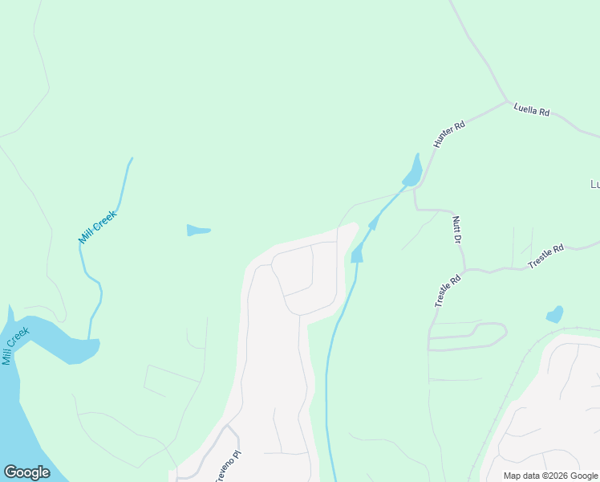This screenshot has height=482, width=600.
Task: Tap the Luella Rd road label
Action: point(532,111)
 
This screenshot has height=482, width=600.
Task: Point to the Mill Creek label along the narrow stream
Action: point(98,227)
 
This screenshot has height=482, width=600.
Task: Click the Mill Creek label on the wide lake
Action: point(15,345)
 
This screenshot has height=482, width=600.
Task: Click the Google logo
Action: point(26,472)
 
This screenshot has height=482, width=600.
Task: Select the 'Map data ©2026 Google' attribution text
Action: point(550,476)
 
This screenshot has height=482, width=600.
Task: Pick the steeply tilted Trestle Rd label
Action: point(448,290)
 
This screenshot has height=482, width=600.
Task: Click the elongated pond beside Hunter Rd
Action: point(413,171)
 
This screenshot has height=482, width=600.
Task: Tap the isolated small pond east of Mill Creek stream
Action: point(197,231)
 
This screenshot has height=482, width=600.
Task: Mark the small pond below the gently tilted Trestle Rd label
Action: point(554,314)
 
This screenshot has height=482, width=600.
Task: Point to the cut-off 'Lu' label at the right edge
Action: point(594,185)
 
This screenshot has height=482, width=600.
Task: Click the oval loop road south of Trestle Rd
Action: point(469,337)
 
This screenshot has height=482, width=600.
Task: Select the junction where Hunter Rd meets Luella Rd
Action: point(507,102)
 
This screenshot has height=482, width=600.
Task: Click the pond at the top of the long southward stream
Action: point(357,255)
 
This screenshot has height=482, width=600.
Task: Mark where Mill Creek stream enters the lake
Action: point(89,338)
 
